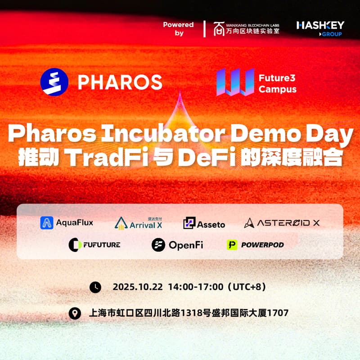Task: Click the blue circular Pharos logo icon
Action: tap(54, 82)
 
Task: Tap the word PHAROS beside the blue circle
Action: tap(120, 82)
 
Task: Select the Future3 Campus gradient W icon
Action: tap(232, 82)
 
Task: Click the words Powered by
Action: tap(178, 29)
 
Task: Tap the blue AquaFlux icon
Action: tap(47, 223)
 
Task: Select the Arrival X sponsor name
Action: tap(146, 225)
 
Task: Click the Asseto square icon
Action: tap(189, 223)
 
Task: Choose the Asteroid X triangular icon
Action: tap(249, 223)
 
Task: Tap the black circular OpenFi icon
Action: tap(158, 245)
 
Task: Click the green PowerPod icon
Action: tap(232, 245)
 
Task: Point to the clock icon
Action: tap(95, 287)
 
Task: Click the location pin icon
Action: tap(75, 313)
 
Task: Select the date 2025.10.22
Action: tap(137, 287)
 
